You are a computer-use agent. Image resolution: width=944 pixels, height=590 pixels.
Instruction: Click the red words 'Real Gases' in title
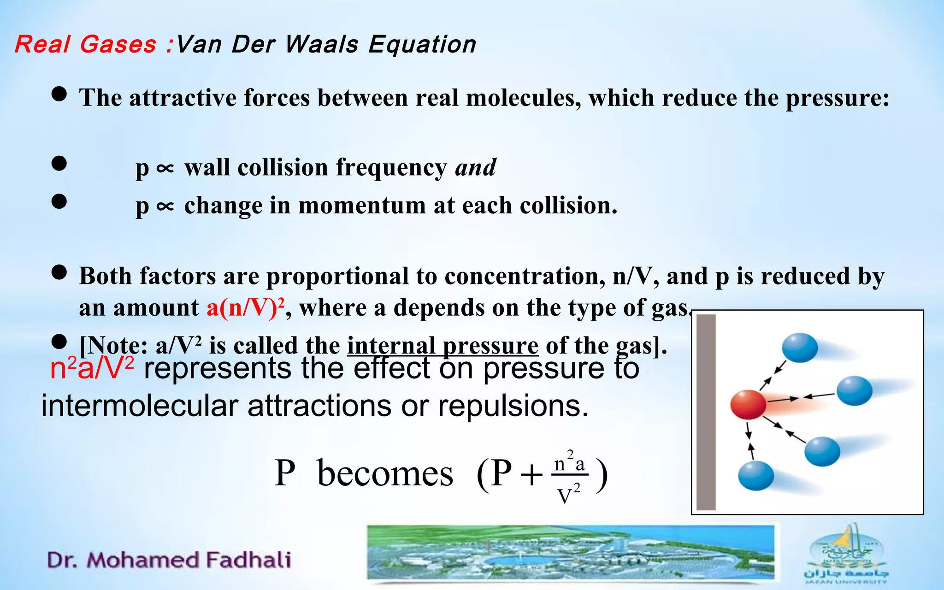tap(85, 45)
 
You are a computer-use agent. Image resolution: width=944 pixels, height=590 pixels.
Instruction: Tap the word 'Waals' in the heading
tap(321, 45)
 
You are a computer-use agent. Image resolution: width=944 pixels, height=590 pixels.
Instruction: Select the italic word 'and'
tap(475, 167)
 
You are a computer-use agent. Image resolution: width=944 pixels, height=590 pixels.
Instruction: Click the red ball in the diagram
tap(748, 405)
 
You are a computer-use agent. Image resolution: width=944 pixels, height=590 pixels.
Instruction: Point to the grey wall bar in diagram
tap(706, 412)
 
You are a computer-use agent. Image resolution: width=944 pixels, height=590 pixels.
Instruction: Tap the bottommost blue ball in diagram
tap(756, 476)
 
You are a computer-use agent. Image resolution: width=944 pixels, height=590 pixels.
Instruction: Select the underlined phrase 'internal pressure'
tap(442, 346)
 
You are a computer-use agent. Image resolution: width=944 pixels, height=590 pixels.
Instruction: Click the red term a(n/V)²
tap(245, 307)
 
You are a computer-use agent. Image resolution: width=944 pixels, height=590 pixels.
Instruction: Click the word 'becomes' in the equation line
tap(385, 474)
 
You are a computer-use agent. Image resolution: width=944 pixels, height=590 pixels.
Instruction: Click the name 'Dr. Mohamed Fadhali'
tap(169, 560)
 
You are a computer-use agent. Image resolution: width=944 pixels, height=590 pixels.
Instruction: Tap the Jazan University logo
tap(846, 553)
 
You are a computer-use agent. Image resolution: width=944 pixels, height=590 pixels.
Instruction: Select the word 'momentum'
tap(362, 206)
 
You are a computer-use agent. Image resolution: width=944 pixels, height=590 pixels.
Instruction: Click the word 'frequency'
tap(391, 167)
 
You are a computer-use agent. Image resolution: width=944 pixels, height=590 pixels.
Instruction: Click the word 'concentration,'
tap(525, 277)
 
